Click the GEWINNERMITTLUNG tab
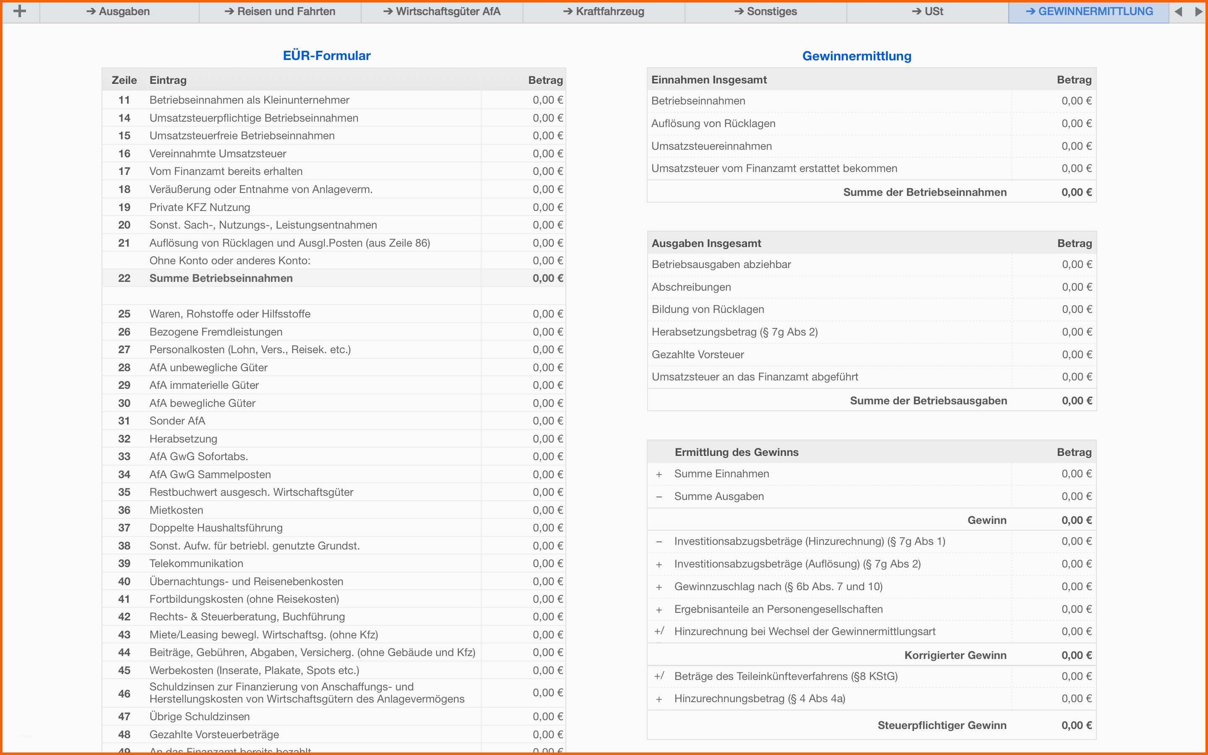coord(1089,11)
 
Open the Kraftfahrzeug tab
coord(604,11)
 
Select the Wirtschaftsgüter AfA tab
coord(442,11)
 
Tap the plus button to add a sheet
coord(19,11)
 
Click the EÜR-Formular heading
coord(326,55)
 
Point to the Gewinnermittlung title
coord(857,56)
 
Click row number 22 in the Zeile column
coord(124,278)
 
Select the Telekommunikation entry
coord(196,563)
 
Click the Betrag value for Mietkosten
coord(547,510)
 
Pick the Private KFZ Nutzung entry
coord(200,207)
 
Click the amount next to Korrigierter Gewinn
coord(1076,655)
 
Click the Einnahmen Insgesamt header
coord(709,80)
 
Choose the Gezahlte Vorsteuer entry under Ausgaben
coord(698,354)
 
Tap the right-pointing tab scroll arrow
coord(1198,11)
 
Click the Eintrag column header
coord(168,80)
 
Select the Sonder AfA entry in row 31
coord(177,421)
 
